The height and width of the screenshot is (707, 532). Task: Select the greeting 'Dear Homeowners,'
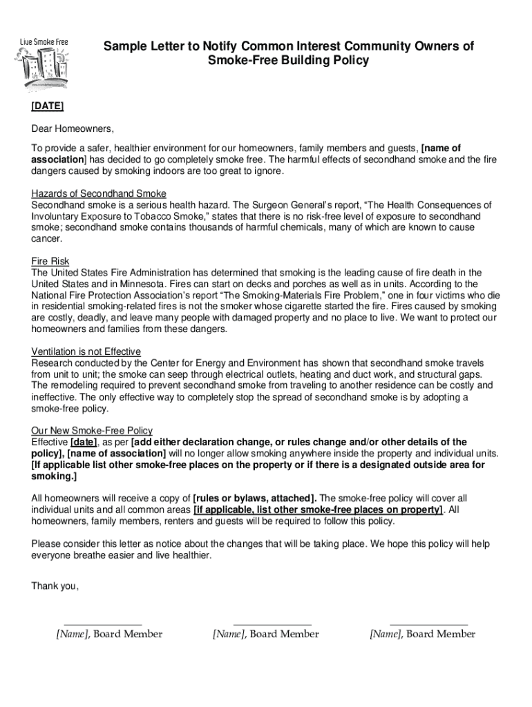(73, 128)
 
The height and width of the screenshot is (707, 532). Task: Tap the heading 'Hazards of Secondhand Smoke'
(99, 193)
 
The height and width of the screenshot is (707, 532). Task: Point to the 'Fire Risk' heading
(50, 261)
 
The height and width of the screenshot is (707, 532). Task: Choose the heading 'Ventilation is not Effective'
(86, 351)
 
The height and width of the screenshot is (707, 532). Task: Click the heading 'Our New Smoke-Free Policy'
(92, 430)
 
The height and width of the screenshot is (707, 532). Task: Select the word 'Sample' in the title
(124, 46)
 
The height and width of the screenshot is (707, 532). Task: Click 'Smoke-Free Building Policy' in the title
(289, 61)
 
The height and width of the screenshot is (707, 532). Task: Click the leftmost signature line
(102, 623)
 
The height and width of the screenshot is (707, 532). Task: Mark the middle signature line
(272, 623)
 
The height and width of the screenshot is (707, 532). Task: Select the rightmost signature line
(428, 623)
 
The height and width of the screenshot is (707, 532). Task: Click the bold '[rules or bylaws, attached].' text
(255, 498)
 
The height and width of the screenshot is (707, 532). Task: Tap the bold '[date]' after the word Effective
(84, 442)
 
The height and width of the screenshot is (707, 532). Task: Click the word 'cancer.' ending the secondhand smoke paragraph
(47, 238)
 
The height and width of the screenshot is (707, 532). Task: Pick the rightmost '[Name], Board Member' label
(422, 634)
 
